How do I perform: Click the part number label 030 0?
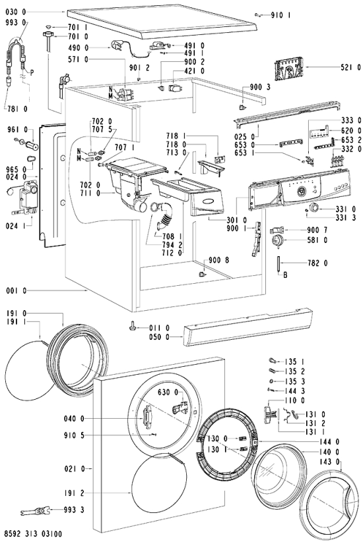click(16, 12)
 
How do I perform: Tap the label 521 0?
click(350, 68)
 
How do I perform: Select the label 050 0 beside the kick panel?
click(159, 337)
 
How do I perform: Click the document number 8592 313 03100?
click(33, 534)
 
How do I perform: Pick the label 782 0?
click(317, 263)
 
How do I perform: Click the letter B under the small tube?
click(285, 276)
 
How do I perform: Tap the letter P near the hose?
click(32, 72)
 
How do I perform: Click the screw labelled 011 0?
click(133, 326)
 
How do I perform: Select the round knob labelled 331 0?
click(314, 208)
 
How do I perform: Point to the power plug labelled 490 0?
click(117, 45)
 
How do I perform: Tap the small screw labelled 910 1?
click(257, 14)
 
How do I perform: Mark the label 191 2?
click(74, 493)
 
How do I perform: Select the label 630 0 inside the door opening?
click(168, 393)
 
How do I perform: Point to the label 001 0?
click(16, 291)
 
